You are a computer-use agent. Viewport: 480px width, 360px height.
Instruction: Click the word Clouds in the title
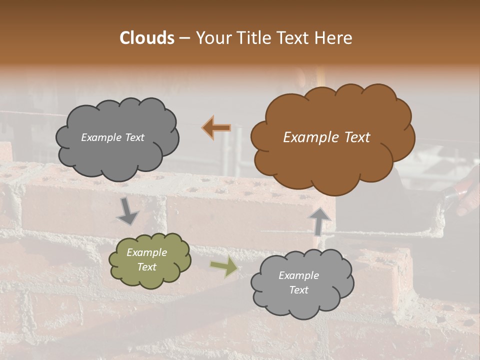pyautogui.click(x=147, y=38)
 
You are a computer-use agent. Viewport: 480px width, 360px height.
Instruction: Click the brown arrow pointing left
pyautogui.click(x=216, y=127)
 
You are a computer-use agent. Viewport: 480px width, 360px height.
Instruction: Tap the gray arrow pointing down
pyautogui.click(x=128, y=211)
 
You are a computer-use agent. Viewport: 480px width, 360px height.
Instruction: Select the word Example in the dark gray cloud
pyautogui.click(x=101, y=137)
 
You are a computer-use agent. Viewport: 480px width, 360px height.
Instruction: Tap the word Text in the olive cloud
pyautogui.click(x=147, y=267)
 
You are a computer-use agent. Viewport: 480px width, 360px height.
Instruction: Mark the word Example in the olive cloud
pyautogui.click(x=147, y=252)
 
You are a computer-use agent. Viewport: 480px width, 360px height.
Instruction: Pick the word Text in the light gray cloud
pyautogui.click(x=299, y=290)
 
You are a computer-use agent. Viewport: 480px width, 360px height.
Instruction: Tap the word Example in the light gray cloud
pyautogui.click(x=299, y=275)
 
